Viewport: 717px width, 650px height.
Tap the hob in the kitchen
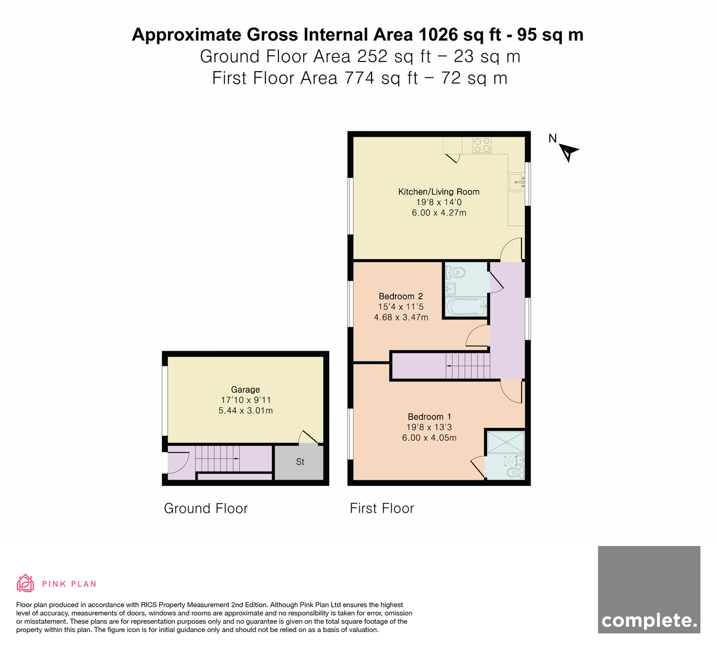pyautogui.click(x=482, y=146)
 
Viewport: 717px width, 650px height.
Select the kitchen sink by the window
pyautogui.click(x=517, y=182)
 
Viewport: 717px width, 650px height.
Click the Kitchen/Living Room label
pyautogui.click(x=439, y=192)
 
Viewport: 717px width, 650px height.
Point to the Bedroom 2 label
pyautogui.click(x=401, y=296)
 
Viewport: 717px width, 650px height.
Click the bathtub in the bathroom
pyautogui.click(x=467, y=306)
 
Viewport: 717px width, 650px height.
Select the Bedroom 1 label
pyautogui.click(x=429, y=417)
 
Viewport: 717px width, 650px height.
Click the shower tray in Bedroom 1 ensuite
pyautogui.click(x=505, y=443)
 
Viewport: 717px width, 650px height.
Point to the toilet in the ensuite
pyautogui.click(x=516, y=473)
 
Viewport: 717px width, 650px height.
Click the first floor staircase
pyautogui.click(x=467, y=366)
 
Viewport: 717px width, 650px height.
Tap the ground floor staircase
pyautogui.click(x=217, y=458)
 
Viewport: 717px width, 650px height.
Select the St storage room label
pyautogui.click(x=300, y=462)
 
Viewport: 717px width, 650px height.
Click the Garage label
pyautogui.click(x=245, y=390)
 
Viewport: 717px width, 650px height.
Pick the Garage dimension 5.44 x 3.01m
pyautogui.click(x=246, y=410)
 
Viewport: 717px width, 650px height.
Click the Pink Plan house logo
pyautogui.click(x=25, y=584)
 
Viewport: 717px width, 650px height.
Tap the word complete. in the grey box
pyautogui.click(x=649, y=620)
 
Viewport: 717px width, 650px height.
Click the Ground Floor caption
pyautogui.click(x=206, y=508)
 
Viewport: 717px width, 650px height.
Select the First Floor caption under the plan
pyautogui.click(x=382, y=508)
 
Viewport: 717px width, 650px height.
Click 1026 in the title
pyautogui.click(x=438, y=35)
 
